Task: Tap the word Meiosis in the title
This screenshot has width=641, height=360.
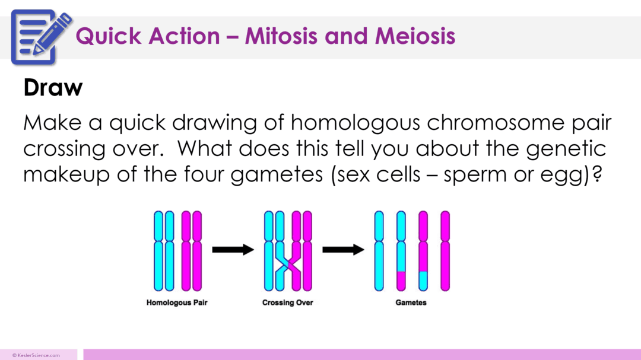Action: point(415,36)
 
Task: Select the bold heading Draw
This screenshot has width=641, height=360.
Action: point(53,88)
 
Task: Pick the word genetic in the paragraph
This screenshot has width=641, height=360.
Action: point(569,149)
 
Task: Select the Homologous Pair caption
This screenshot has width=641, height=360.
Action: point(177,303)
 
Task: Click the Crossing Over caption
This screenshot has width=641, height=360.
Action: point(288,303)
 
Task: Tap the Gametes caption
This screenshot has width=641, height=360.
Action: point(411,303)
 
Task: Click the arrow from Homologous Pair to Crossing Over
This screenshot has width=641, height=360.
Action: point(233,250)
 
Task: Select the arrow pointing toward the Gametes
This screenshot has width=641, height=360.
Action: point(343,250)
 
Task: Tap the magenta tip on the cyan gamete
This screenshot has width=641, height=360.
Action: point(401,281)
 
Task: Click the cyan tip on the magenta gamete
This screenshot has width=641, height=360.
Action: point(423,281)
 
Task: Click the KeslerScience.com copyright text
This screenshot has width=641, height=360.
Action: point(36,355)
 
